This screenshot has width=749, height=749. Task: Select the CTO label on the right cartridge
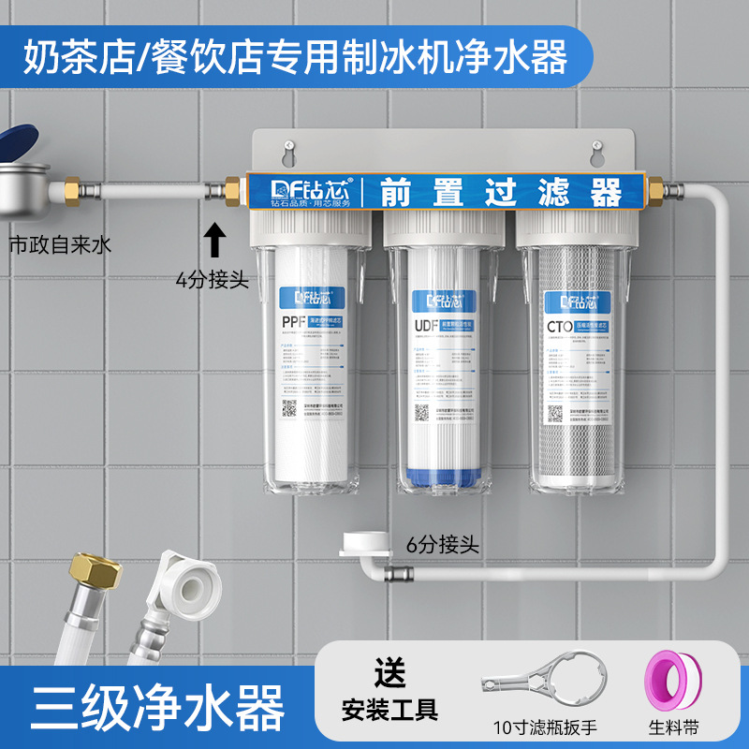tap(558, 325)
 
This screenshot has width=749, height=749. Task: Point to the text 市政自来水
tap(59, 245)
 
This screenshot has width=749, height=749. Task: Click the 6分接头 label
tap(443, 545)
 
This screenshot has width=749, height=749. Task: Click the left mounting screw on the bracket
tap(290, 145)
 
